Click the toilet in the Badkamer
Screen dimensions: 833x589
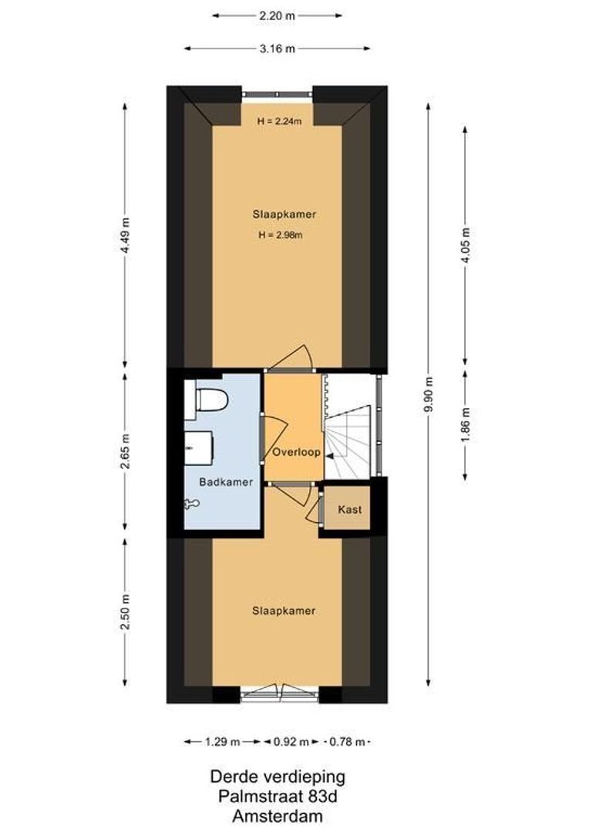coord(210,401)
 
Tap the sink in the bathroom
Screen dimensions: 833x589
coord(197,445)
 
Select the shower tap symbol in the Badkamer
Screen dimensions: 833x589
coord(191,504)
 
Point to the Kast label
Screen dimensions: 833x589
coord(349,510)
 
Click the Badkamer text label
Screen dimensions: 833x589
coord(226,482)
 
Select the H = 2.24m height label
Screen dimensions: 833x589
coord(278,120)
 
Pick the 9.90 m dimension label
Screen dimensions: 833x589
coord(429,394)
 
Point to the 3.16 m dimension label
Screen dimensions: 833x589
coord(278,48)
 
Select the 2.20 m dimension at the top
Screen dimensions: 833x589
coord(278,15)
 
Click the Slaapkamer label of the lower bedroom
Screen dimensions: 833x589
coord(284,611)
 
